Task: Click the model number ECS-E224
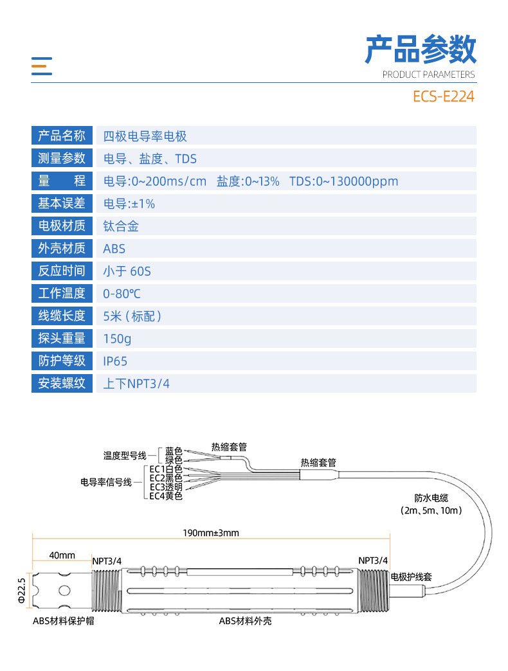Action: tap(444, 96)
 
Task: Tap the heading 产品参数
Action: tap(421, 49)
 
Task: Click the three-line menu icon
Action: tap(42, 66)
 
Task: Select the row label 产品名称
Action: tap(62, 136)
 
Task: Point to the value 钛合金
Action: tap(121, 226)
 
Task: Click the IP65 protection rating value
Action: tap(115, 361)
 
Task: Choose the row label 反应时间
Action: tap(62, 271)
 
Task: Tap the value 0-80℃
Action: tap(122, 294)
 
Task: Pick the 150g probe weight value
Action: tap(117, 339)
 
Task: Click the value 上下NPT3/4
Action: tap(136, 384)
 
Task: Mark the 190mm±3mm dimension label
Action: tap(211, 533)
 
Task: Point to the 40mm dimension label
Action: tap(62, 555)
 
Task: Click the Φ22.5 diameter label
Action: tap(22, 591)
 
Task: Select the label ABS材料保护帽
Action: tap(64, 621)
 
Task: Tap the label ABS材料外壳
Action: tap(245, 621)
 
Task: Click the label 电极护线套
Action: tap(412, 577)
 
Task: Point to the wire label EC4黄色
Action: tap(166, 496)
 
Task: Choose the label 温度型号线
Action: tap(125, 456)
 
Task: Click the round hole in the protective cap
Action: tap(64, 591)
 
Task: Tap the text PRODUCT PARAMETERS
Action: tap(428, 75)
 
